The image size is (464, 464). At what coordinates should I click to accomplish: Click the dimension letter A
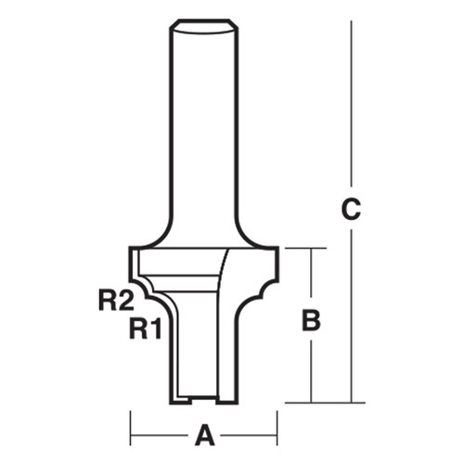[x=205, y=432]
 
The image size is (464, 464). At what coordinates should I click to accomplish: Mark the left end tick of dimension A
[x=130, y=432]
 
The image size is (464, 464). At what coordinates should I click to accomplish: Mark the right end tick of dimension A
[x=277, y=432]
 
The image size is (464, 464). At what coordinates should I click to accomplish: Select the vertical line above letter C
[x=350, y=102]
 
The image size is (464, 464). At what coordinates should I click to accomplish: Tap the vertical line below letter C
[x=350, y=316]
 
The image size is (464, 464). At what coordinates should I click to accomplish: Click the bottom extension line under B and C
[x=320, y=402]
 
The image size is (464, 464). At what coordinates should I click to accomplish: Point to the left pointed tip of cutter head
[x=130, y=248]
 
